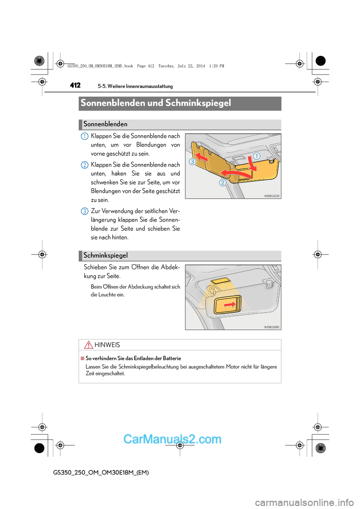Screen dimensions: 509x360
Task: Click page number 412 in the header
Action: click(75, 85)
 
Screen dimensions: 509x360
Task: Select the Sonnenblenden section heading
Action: click(105, 124)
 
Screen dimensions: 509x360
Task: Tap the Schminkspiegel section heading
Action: click(105, 256)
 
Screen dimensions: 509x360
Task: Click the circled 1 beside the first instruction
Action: click(85, 136)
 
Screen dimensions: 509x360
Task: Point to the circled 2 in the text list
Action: click(85, 165)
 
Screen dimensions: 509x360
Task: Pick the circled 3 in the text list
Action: click(85, 211)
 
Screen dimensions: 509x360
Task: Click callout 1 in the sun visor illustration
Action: click(256, 156)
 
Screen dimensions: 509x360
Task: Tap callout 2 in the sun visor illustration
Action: click(223, 183)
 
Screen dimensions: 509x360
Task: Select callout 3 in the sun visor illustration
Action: click(192, 162)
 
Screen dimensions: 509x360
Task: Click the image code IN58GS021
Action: click(272, 196)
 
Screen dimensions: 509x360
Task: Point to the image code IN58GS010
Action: click(272, 327)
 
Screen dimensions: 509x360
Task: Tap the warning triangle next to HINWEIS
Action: click(88, 345)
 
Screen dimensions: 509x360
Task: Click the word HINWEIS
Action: click(107, 345)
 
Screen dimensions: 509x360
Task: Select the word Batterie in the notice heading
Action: click(172, 359)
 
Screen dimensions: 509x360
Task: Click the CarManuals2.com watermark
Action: click(172, 439)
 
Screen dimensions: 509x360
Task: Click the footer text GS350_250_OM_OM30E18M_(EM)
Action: click(101, 473)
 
